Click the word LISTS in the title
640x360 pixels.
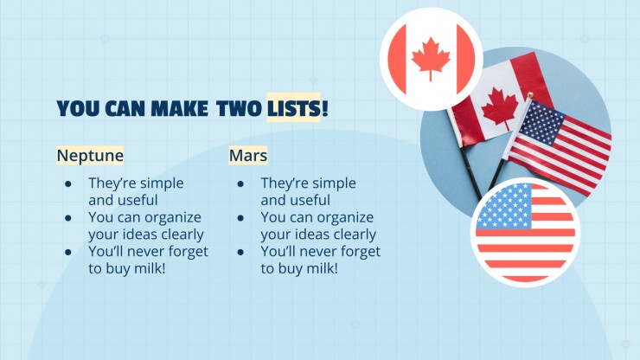coord(294,108)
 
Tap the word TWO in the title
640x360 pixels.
coord(240,108)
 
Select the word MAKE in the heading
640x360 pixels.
coord(179,108)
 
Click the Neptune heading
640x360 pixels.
coord(90,155)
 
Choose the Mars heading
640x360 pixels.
coord(247,155)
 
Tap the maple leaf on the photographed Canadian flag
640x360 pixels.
coord(500,107)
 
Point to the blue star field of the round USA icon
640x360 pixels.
coord(504,206)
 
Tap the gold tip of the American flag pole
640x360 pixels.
coord(530,95)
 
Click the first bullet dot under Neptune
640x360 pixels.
coord(68,184)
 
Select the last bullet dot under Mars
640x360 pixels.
coord(240,253)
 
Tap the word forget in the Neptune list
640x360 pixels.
coord(189,252)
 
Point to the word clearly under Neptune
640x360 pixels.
coord(182,235)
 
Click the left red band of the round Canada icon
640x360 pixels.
coord(398,59)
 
